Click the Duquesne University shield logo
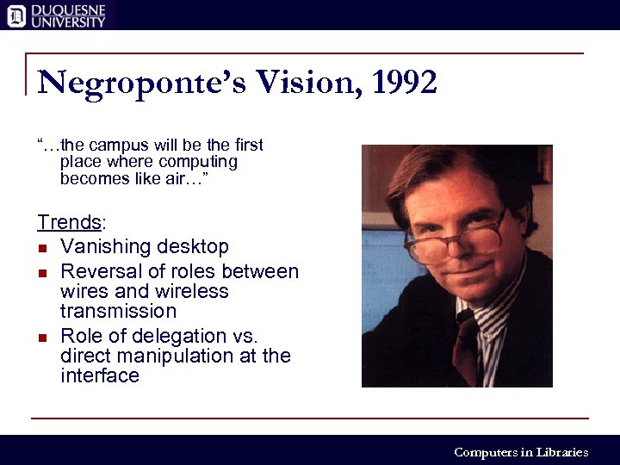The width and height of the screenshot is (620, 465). coord(15,15)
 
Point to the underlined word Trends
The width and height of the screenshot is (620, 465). coord(69,222)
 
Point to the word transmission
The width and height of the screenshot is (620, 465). coord(118,311)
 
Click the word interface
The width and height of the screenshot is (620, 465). coord(100,375)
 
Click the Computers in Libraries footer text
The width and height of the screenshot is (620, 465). coord(521,452)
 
